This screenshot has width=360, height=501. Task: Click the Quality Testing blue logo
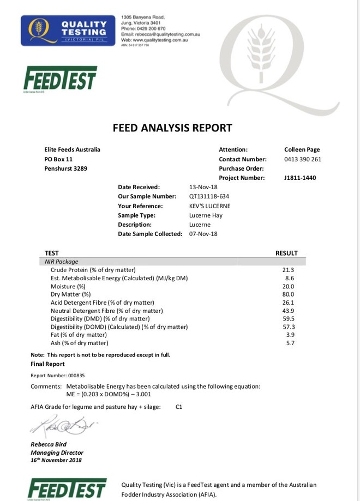tap(65, 30)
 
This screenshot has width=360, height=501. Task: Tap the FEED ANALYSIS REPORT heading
tap(172, 128)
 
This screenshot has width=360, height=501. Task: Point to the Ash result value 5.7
tap(290, 343)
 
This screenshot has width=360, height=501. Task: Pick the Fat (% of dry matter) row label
tap(79, 335)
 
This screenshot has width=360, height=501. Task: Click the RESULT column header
tap(286, 253)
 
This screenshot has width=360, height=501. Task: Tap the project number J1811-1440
tap(300, 178)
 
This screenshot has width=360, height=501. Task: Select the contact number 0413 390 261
tap(303, 159)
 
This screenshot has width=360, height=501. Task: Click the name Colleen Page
tap(302, 149)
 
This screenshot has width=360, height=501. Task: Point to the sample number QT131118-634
tap(209, 196)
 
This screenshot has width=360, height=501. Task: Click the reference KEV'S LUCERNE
tap(210, 206)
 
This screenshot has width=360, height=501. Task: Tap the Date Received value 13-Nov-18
tap(203, 187)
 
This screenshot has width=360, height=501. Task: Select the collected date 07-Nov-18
tap(203, 234)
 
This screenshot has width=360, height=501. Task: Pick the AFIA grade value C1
tap(179, 407)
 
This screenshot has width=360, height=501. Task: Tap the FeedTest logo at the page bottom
tap(67, 488)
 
